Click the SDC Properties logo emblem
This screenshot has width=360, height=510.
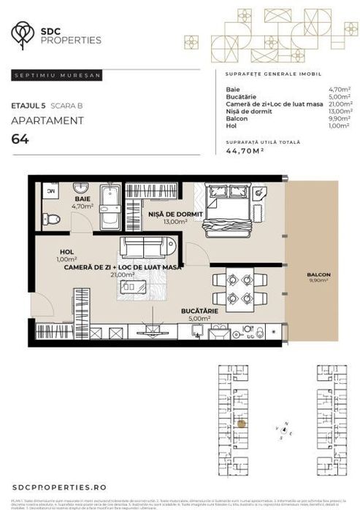coord(23,33)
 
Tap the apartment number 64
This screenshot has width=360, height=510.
coord(20,141)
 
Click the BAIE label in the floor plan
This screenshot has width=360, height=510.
coord(83,198)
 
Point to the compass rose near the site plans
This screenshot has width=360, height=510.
coord(283,430)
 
